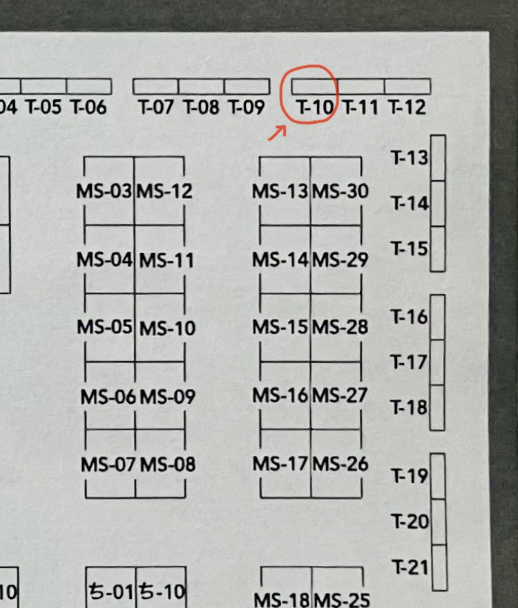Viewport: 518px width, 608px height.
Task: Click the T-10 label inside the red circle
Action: (x=314, y=107)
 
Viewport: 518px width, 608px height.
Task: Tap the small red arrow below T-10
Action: (x=278, y=133)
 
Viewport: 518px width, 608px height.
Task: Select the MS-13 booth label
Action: (x=280, y=192)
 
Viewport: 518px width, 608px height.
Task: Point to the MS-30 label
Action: (x=340, y=191)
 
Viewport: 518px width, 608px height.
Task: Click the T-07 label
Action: (x=155, y=107)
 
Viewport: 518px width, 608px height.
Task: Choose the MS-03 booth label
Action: (x=104, y=191)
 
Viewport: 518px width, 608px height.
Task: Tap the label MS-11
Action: (x=166, y=260)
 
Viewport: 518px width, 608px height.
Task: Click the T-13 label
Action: (x=410, y=158)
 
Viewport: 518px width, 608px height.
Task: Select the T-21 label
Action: (x=410, y=567)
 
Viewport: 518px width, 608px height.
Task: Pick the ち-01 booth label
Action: (x=111, y=592)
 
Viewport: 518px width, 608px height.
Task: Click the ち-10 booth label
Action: (x=162, y=592)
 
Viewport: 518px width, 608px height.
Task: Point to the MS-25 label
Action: (x=342, y=600)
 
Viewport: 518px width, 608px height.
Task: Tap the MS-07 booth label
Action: (x=108, y=465)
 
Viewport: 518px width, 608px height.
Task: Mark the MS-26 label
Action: (x=340, y=464)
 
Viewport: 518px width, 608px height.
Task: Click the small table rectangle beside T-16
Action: (x=437, y=317)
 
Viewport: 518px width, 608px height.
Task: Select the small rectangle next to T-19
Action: (x=439, y=476)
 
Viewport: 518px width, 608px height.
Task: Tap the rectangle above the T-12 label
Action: (x=407, y=86)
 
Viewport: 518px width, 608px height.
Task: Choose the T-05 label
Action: (x=44, y=107)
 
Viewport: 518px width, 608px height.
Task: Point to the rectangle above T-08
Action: (x=201, y=86)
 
